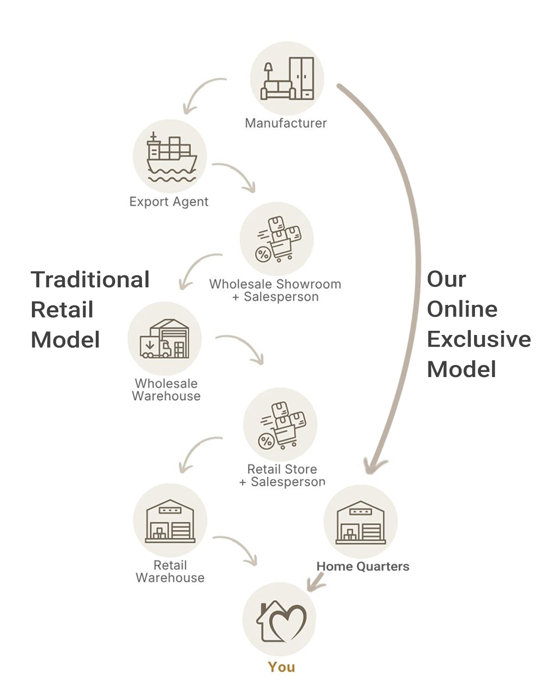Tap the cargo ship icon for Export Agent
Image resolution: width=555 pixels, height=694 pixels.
pyautogui.click(x=170, y=156)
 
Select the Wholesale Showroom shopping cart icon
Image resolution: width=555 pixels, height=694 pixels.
pyautogui.click(x=277, y=239)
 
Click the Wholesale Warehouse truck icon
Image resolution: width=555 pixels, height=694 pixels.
pyautogui.click(x=165, y=339)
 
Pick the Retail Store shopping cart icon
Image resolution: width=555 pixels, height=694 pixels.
pyautogui.click(x=280, y=425)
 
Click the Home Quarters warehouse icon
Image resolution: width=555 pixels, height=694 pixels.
pyautogui.click(x=361, y=522)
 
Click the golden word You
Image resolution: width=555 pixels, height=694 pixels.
pyautogui.click(x=281, y=667)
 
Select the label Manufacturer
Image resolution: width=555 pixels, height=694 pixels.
pyautogui.click(x=286, y=123)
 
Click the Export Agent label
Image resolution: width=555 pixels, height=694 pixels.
pyautogui.click(x=169, y=202)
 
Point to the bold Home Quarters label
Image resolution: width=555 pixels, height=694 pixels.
pyautogui.click(x=363, y=566)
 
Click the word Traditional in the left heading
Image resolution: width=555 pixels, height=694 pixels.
pyautogui.click(x=90, y=279)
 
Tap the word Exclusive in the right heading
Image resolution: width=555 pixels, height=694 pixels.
pyautogui.click(x=479, y=339)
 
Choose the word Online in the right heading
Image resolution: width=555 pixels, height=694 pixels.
pyautogui.click(x=462, y=309)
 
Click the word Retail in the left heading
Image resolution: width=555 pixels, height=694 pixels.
pyautogui.click(x=62, y=310)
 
